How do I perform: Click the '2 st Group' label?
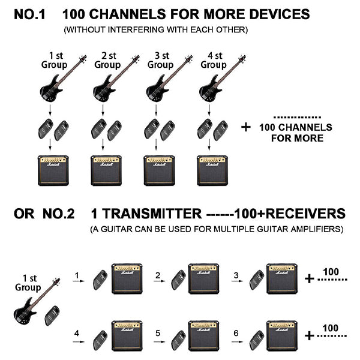tap(107, 60)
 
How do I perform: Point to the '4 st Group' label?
tap(213, 60)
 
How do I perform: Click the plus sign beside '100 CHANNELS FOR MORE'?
tap(246, 127)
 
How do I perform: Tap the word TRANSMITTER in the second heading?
tap(148, 214)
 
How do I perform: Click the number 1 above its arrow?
tap(77, 276)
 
